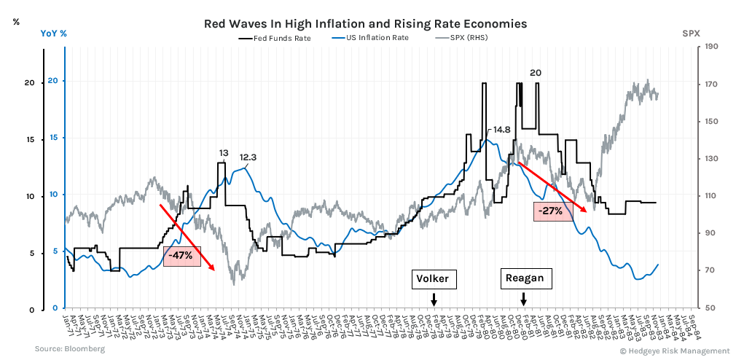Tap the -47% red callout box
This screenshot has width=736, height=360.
[x=181, y=256]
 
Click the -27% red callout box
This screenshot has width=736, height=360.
[x=548, y=211]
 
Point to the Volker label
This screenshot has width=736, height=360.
[x=433, y=279]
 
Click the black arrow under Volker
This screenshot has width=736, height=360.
[x=434, y=299]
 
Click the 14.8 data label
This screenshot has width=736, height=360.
[x=501, y=130]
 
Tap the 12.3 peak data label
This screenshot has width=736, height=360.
[x=248, y=157]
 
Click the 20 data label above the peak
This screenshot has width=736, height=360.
[x=536, y=72]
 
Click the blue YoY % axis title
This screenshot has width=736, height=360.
[x=53, y=34]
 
